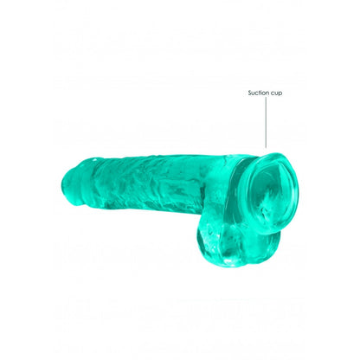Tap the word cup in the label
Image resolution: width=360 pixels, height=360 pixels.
point(277,93)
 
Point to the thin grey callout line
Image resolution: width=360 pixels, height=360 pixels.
point(266,123)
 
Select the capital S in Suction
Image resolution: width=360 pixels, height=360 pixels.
point(250,93)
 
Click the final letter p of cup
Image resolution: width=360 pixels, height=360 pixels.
point(280,93)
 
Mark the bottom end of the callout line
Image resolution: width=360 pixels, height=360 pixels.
point(266,148)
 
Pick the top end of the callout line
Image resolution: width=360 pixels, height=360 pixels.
point(266,98)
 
